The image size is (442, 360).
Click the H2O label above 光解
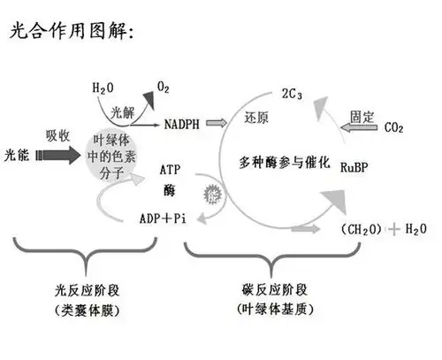click(x=103, y=88)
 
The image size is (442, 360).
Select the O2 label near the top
click(x=164, y=85)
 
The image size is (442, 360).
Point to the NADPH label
click(x=185, y=125)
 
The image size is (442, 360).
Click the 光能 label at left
click(x=19, y=156)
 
